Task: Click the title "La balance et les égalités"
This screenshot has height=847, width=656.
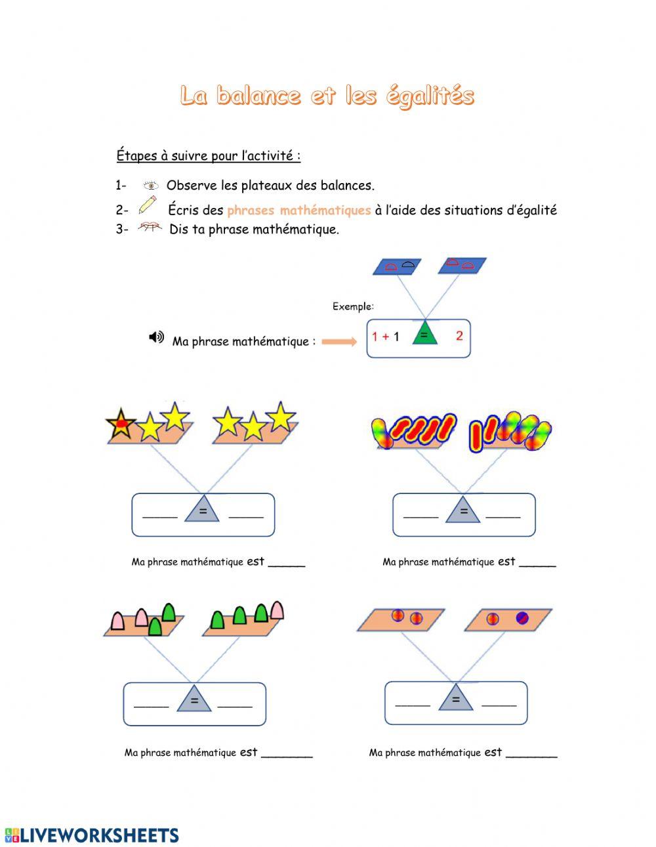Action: (327, 96)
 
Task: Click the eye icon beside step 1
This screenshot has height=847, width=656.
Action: (151, 186)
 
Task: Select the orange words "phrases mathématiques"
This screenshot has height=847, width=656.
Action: (298, 211)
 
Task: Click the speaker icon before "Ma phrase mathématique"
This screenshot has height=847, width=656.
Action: (156, 337)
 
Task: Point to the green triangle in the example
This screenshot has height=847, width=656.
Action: (424, 334)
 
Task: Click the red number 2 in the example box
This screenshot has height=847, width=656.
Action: (459, 336)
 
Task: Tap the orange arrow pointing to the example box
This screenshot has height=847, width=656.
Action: (339, 341)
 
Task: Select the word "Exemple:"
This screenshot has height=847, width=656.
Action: (353, 306)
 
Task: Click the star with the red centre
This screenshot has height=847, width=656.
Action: (121, 424)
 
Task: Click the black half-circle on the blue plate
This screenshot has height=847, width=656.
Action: (408, 264)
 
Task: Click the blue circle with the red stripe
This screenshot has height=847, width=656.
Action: (522, 617)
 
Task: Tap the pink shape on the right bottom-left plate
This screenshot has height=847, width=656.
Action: (277, 609)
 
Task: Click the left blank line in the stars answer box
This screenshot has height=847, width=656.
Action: (160, 516)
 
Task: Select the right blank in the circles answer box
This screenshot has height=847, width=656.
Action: (499, 704)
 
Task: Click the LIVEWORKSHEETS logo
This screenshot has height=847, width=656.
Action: (92, 835)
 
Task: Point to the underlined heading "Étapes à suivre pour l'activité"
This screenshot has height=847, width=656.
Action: (209, 156)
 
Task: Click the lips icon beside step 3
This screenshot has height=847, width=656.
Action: (150, 228)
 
